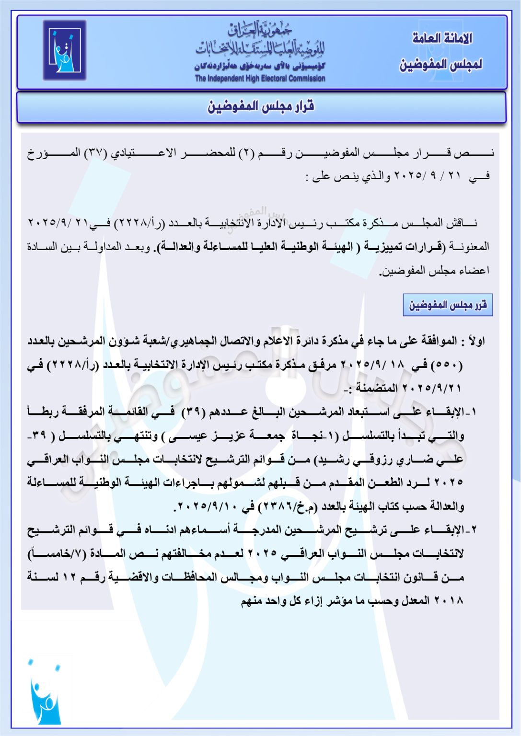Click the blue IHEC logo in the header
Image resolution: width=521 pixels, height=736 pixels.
(64, 50)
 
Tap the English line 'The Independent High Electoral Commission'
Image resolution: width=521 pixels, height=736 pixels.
(260, 79)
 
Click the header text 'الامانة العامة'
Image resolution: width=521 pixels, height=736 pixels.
(442, 38)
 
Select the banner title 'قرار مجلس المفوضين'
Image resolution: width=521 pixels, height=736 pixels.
(261, 106)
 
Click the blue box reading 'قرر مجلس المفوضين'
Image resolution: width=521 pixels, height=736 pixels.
(448, 305)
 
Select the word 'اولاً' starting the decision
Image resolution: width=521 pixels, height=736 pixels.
(476, 342)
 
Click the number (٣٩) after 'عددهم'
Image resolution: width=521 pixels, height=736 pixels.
(194, 412)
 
